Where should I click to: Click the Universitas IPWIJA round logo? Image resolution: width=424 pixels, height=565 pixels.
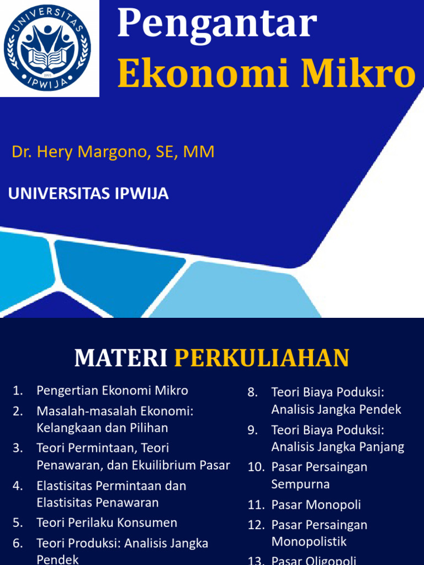tap(47, 47)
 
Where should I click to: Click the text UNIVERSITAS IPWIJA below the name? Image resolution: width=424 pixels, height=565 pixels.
tap(88, 194)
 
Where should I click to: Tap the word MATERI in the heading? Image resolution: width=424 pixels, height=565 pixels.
tap(121, 359)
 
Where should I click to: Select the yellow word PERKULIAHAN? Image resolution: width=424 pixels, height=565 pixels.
tap(262, 359)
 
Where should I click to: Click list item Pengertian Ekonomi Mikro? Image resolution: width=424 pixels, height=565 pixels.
tap(112, 391)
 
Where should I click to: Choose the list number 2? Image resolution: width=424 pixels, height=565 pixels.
tap(18, 411)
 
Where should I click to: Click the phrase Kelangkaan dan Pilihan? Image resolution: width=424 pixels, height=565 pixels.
tap(102, 428)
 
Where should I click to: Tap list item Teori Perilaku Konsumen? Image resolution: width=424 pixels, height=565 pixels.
tap(107, 523)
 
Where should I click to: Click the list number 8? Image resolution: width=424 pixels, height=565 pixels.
tap(253, 392)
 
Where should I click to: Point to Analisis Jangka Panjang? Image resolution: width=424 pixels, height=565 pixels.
tap(338, 446)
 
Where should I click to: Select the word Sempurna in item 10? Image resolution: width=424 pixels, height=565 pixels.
tap(300, 484)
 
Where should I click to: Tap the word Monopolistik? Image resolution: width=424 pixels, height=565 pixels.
tap(309, 541)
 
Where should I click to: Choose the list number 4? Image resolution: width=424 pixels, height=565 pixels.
tap(18, 486)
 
